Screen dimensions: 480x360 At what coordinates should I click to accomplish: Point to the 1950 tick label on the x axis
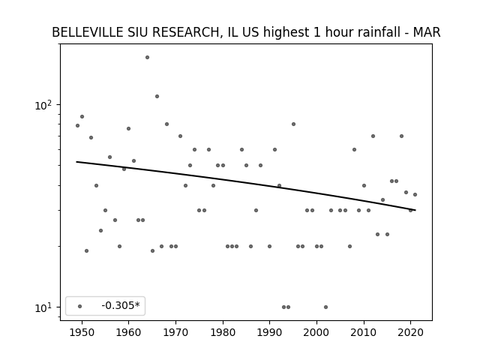pos(82,333)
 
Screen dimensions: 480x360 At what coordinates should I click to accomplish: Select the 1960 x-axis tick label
pos(128,333)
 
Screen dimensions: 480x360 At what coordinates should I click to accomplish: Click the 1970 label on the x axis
pos(175,333)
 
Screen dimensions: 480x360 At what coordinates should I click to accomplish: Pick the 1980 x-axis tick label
pos(223,333)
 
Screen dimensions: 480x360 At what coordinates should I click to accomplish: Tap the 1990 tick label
pos(270,333)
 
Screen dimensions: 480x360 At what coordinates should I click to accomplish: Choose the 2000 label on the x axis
pos(316,333)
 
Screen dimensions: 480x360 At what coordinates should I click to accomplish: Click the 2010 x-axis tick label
pos(364,333)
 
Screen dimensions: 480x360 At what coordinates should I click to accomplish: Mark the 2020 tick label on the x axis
pos(411,333)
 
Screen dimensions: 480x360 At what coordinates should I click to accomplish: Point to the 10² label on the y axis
pos(43,105)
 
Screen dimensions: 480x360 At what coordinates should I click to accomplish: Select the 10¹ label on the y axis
pos(43,307)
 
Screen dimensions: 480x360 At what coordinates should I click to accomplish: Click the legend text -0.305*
pos(121,305)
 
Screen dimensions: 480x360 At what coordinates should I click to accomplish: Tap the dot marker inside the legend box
pos(80,306)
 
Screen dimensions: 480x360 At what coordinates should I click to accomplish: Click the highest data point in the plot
pos(147,57)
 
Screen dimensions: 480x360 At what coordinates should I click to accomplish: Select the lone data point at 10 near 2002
pos(325,307)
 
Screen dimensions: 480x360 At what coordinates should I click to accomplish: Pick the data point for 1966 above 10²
pos(157,97)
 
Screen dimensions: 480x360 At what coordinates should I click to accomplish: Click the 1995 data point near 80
pos(293,124)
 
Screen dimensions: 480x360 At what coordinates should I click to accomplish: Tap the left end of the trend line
pos(76,162)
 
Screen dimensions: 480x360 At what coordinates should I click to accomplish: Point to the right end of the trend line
pos(415,210)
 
